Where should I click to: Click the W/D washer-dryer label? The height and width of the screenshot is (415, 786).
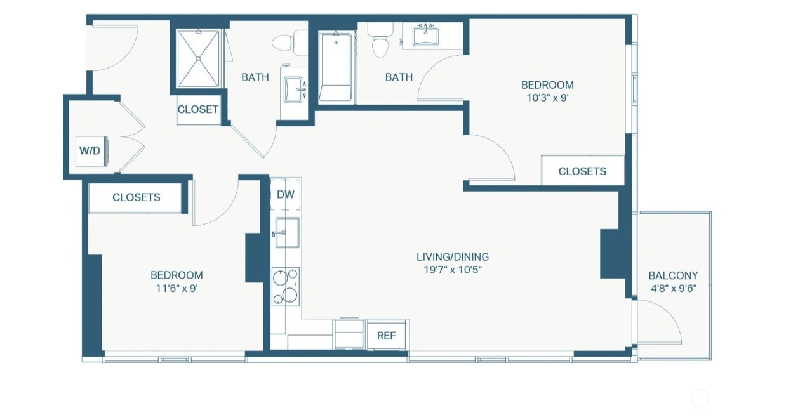(x=90, y=151)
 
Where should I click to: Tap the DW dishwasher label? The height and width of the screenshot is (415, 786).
(x=286, y=195)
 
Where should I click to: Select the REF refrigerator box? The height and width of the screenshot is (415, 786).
(x=386, y=336)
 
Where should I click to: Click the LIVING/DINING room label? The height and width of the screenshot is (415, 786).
(x=453, y=257)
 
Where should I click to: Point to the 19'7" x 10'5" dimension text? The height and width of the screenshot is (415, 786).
(x=453, y=270)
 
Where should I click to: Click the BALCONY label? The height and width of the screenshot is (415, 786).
(x=673, y=275)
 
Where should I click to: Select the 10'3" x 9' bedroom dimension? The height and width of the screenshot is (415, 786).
(x=547, y=98)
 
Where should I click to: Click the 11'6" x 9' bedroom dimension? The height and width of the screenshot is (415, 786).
(x=177, y=288)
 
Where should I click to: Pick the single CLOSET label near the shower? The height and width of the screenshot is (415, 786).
(x=198, y=109)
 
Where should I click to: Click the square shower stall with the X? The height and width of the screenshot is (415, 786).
(x=198, y=58)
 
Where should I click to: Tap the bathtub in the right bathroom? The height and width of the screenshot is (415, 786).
(x=336, y=67)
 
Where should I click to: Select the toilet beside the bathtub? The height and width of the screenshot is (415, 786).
(x=380, y=41)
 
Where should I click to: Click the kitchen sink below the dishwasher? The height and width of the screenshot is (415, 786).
(x=288, y=232)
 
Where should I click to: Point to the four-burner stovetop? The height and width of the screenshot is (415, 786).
(x=286, y=286)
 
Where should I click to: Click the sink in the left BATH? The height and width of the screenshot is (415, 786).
(x=293, y=89)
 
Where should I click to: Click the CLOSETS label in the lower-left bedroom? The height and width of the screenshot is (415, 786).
(x=137, y=197)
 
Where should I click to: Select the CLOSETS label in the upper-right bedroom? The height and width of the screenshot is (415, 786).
(x=582, y=171)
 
